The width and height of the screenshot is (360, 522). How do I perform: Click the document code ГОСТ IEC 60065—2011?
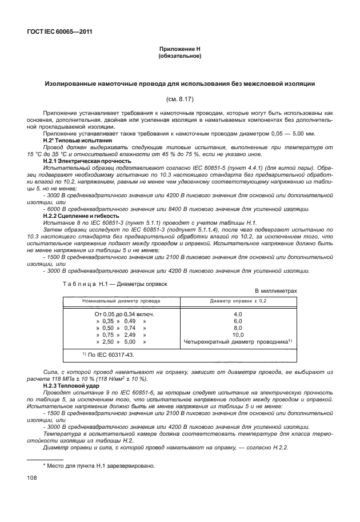(59, 32)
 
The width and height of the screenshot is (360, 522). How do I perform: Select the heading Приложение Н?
(180, 50)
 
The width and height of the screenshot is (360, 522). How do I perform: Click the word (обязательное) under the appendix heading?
(180, 57)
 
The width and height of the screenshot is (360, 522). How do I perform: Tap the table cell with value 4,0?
(238, 314)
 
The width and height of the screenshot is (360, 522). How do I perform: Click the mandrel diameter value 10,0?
(238, 335)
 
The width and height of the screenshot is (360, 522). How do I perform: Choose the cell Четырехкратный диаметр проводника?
(238, 342)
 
